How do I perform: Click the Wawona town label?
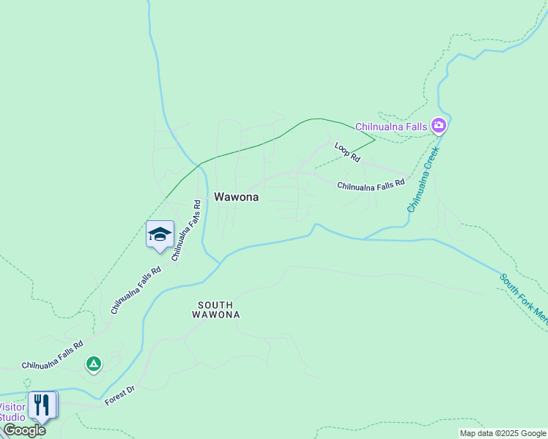(x=236, y=197)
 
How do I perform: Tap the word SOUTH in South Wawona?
(x=215, y=305)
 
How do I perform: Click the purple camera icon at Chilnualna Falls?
(x=439, y=126)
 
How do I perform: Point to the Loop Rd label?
(x=347, y=152)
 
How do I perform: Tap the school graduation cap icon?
(x=160, y=234)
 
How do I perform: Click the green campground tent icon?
(x=93, y=363)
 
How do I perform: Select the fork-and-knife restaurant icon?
(x=42, y=405)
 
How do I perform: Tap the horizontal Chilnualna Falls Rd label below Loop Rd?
(x=371, y=185)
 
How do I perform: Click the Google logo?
(x=24, y=430)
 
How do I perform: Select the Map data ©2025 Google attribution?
(x=503, y=433)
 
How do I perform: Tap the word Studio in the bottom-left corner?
(x=12, y=417)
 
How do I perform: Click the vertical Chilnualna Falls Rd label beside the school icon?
(x=186, y=230)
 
